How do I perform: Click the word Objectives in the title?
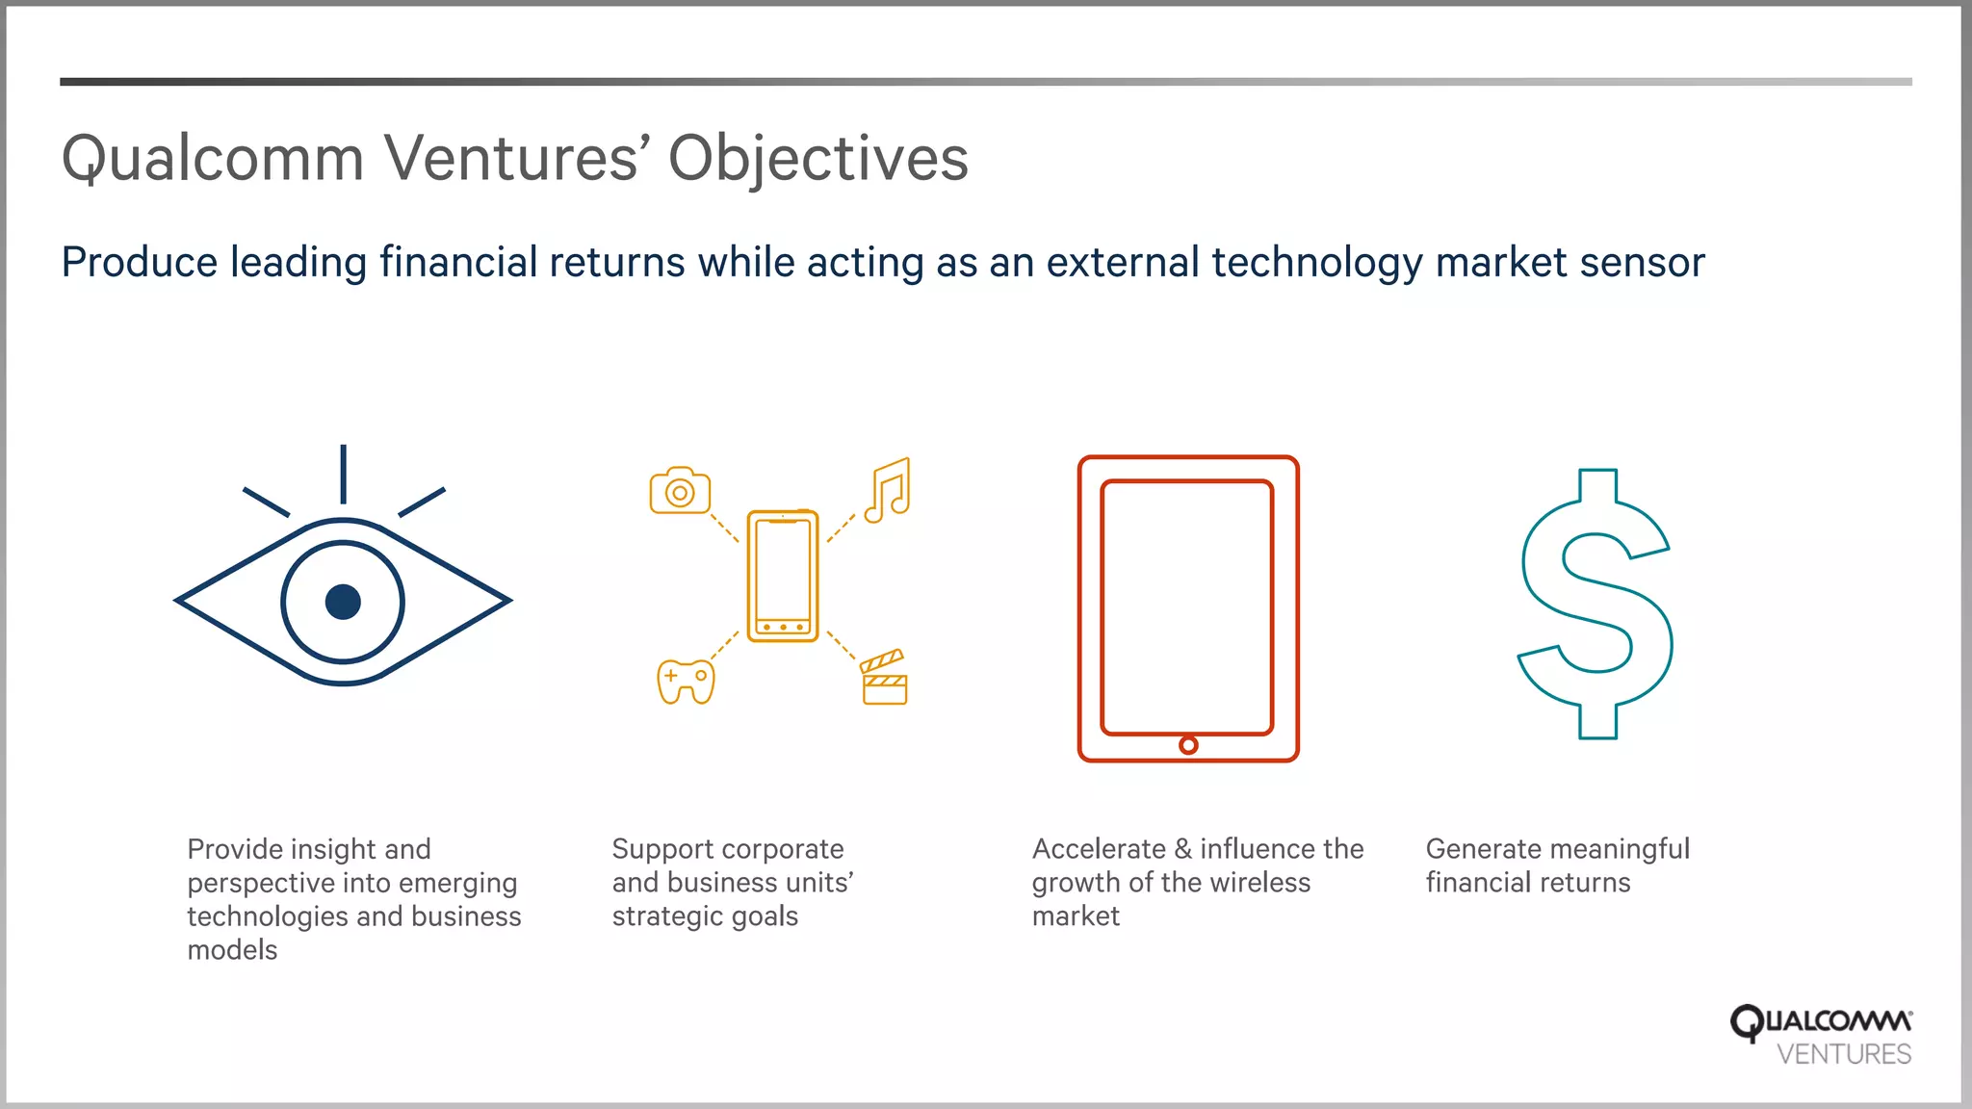[x=817, y=159]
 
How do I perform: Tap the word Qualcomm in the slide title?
[x=213, y=159]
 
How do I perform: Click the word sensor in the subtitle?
[x=1643, y=263]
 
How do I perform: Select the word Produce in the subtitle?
[x=140, y=263]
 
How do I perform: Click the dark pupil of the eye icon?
[x=343, y=602]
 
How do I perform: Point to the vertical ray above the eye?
[x=343, y=474]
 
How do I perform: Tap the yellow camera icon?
[x=680, y=491]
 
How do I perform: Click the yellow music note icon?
[x=888, y=490]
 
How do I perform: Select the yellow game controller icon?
[x=686, y=681]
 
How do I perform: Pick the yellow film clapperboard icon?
[x=884, y=678]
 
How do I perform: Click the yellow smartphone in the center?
[x=783, y=576]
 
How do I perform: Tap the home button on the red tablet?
[x=1188, y=745]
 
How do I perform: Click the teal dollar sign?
[x=1596, y=604]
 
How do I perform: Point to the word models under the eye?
[x=232, y=950]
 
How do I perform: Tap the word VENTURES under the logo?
[x=1843, y=1055]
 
